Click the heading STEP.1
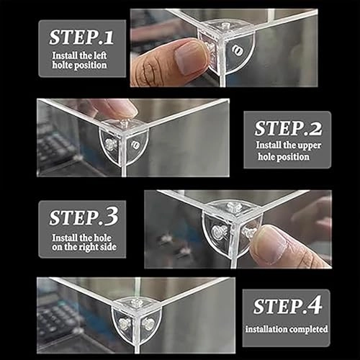click(x=81, y=37)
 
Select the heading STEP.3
click(x=84, y=217)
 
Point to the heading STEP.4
click(x=287, y=306)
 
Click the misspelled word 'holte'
click(x=61, y=65)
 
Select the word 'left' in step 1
click(x=100, y=55)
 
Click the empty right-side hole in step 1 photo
click(x=238, y=51)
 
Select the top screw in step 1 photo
click(x=225, y=25)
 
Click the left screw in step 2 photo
click(x=110, y=145)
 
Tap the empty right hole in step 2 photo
click(x=135, y=145)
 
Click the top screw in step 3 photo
click(x=233, y=207)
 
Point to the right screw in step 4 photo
click(x=148, y=324)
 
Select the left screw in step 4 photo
click(x=125, y=324)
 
